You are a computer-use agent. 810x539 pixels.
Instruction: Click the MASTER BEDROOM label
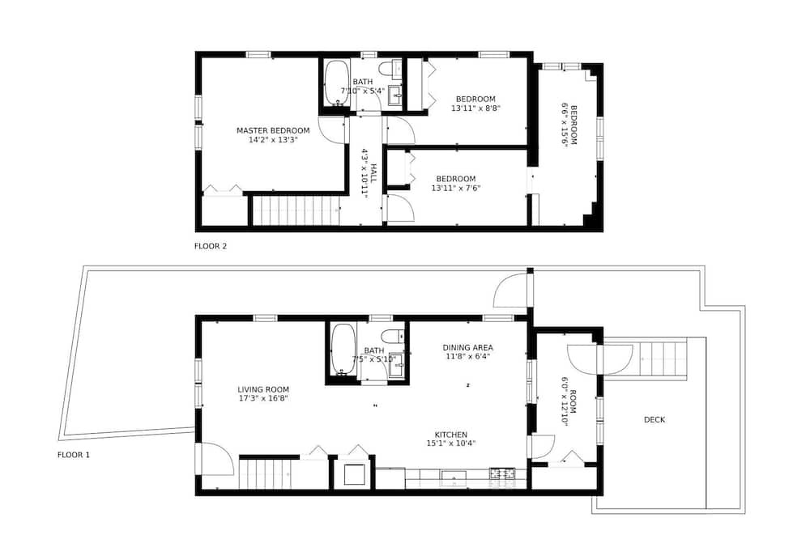(x=273, y=130)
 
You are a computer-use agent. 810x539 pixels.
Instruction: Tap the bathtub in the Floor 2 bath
(x=336, y=83)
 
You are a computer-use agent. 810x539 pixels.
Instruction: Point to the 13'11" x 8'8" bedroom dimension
(x=475, y=108)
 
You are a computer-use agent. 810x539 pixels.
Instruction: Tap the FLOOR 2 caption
(x=211, y=246)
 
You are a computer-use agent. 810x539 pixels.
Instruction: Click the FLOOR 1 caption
(x=74, y=455)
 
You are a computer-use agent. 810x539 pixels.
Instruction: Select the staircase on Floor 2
(x=296, y=210)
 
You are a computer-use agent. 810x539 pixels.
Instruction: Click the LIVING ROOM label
(x=263, y=390)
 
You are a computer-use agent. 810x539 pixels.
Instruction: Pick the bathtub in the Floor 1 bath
(x=343, y=349)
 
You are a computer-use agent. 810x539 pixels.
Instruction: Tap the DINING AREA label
(x=467, y=347)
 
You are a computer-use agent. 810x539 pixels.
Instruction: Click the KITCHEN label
(x=451, y=435)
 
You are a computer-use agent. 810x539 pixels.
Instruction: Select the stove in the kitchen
(x=501, y=473)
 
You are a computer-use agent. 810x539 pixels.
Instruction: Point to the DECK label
(x=654, y=420)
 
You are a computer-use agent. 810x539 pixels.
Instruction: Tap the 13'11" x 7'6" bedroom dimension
(x=456, y=189)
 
